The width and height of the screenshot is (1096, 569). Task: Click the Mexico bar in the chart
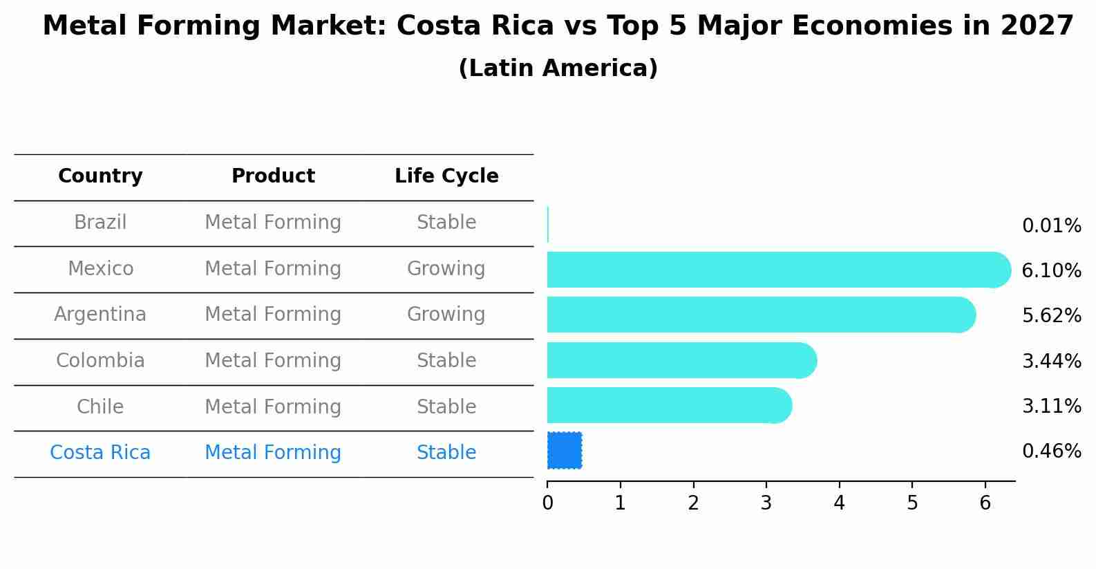click(x=774, y=270)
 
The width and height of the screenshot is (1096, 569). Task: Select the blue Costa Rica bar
click(x=565, y=450)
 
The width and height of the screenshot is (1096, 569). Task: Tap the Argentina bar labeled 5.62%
click(x=760, y=315)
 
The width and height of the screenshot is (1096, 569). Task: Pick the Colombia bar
click(x=681, y=360)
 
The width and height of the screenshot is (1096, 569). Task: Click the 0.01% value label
click(x=1051, y=226)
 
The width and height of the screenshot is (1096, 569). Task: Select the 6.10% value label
click(x=1051, y=271)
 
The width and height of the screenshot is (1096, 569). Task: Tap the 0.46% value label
click(x=1051, y=451)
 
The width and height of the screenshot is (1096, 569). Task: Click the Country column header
click(x=100, y=176)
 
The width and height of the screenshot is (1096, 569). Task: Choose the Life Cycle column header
click(x=446, y=176)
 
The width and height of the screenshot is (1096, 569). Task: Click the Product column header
click(x=273, y=176)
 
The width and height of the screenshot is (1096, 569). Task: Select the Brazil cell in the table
click(x=100, y=223)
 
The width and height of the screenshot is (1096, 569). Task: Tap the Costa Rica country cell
click(x=100, y=453)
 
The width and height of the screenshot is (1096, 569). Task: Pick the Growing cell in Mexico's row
click(x=446, y=268)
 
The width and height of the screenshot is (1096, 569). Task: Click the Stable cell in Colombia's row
click(x=446, y=361)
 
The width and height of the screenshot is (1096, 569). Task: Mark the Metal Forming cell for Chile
click(x=273, y=407)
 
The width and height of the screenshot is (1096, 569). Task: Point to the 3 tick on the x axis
click(x=766, y=503)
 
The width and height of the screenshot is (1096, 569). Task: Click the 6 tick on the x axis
click(x=985, y=503)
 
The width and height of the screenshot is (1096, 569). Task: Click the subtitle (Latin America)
click(x=558, y=68)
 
